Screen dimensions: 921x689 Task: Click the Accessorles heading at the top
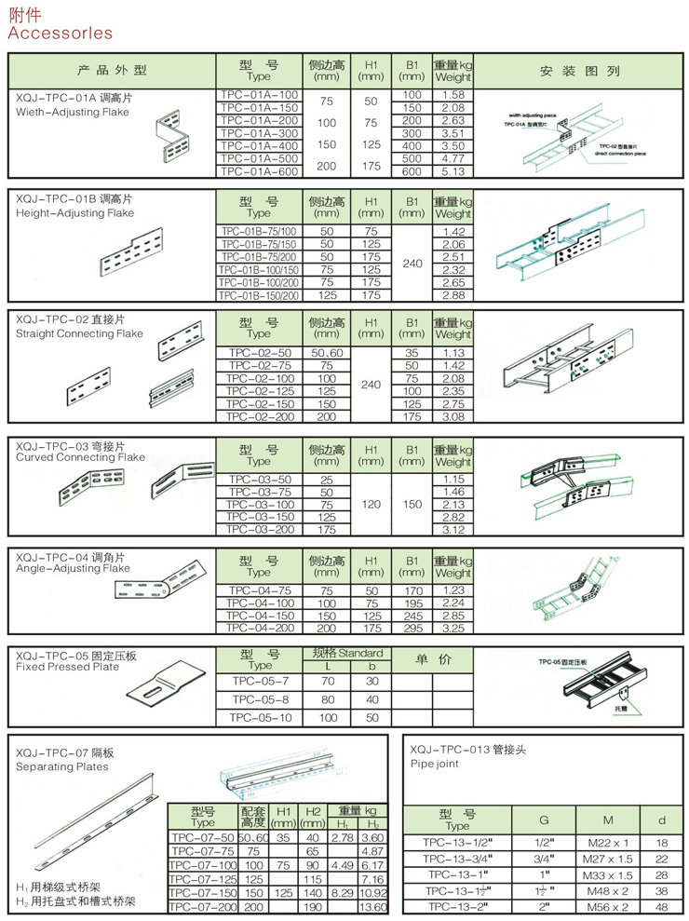coord(60,34)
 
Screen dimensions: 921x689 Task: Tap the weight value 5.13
coord(453,171)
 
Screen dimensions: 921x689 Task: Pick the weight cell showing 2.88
coord(453,295)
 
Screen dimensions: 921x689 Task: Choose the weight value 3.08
coord(453,418)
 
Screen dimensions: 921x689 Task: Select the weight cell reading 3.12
coord(453,529)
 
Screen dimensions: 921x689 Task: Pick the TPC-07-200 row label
coord(202,906)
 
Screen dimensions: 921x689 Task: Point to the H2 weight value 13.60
coord(372,906)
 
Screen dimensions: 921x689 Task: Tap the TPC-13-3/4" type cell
coord(457,859)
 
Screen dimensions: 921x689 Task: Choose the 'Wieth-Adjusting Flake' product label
coord(73,112)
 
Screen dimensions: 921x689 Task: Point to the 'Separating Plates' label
coord(62,766)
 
